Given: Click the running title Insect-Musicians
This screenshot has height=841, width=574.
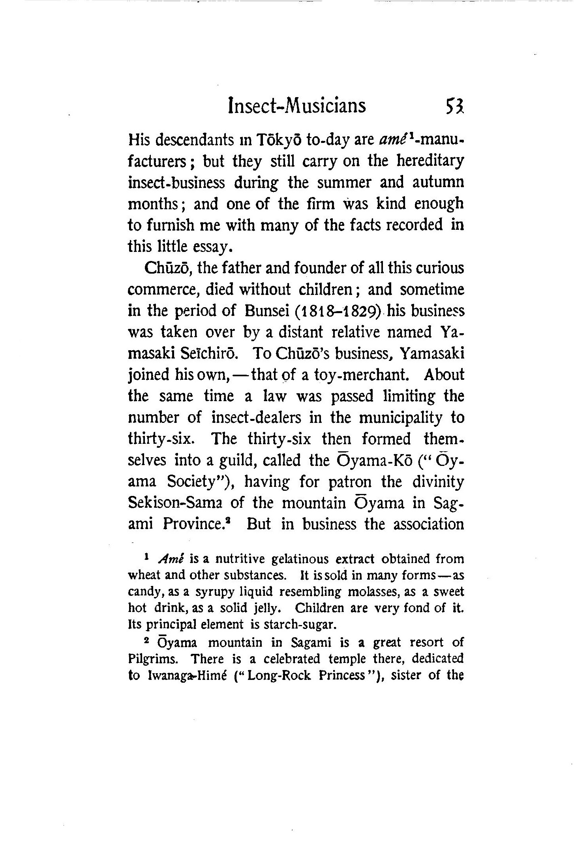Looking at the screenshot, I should coord(297,106).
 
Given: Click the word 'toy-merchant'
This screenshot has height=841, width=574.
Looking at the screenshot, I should coord(360,375).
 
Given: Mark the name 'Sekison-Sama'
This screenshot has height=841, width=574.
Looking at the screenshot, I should coord(175,503).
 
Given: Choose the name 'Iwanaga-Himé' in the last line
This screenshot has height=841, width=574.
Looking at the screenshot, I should coord(187,676).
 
